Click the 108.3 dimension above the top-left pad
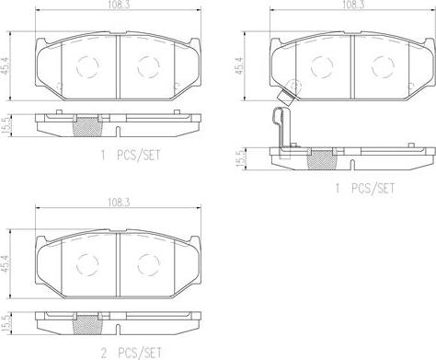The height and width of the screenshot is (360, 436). click(118, 6)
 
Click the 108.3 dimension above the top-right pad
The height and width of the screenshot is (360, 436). click(351, 6)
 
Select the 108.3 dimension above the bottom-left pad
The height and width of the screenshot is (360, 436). click(119, 203)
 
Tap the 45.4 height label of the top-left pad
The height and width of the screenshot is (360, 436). click(6, 65)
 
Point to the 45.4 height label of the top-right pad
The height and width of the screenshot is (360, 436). click(239, 65)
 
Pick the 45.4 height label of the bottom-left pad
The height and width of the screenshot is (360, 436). click(6, 263)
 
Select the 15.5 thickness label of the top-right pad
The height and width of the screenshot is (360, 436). click(241, 158)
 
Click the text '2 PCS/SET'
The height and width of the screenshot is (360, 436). click(132, 354)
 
